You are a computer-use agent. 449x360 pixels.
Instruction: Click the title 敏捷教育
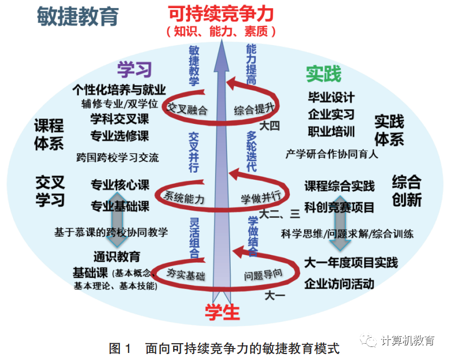tap(78, 17)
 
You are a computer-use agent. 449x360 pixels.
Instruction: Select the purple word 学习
tap(135, 70)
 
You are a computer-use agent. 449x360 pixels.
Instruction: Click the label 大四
tap(269, 126)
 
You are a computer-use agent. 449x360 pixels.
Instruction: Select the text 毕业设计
tap(331, 98)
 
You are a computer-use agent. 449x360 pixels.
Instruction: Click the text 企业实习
tap(331, 115)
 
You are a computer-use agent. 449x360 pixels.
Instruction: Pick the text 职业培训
tap(331, 131)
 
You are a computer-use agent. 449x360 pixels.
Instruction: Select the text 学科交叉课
tap(120, 119)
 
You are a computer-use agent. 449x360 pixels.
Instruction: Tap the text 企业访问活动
tap(339, 283)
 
